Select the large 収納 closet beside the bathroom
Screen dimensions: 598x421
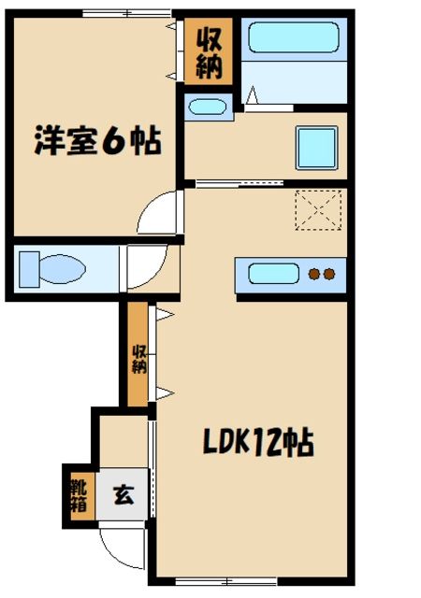(208, 52)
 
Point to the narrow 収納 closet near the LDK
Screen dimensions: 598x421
(138, 357)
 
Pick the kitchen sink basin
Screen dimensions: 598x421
(273, 275)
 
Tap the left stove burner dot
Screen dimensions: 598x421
(314, 275)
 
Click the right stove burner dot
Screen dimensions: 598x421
(330, 275)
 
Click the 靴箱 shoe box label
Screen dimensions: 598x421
(77, 492)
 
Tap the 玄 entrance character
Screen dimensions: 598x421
(123, 493)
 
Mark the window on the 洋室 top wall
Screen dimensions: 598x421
(126, 12)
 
